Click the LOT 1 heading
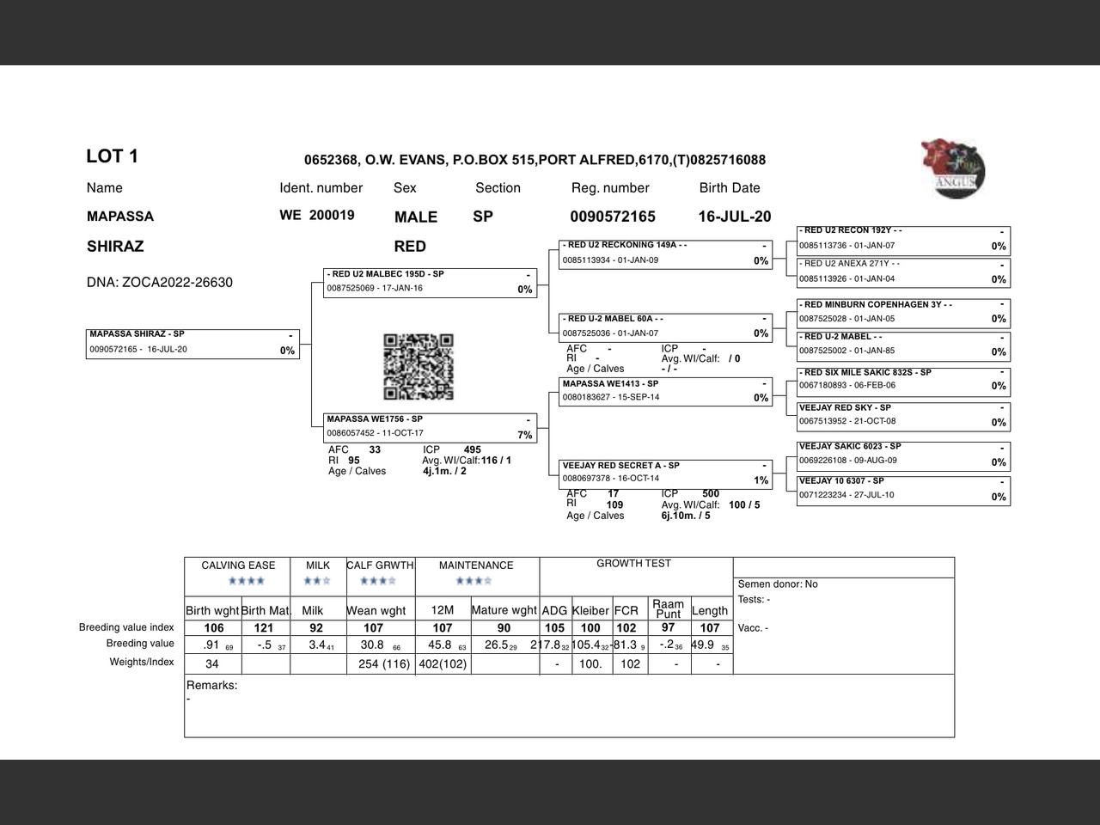click(112, 156)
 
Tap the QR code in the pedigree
click(419, 367)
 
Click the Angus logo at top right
click(953, 168)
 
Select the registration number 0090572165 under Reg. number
click(612, 217)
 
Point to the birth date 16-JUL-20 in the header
click(734, 217)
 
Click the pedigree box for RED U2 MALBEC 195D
click(431, 283)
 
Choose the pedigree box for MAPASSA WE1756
click(431, 427)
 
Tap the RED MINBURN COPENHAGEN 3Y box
click(903, 312)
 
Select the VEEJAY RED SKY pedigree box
click(903, 415)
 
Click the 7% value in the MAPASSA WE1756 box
click(524, 435)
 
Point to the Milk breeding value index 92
click(316, 628)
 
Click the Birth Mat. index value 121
click(264, 628)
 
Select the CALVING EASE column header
click(238, 565)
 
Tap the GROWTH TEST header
click(633, 564)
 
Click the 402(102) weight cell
click(442, 664)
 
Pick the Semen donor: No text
click(778, 584)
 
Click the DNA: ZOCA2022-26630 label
click(159, 283)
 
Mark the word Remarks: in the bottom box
click(211, 686)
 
